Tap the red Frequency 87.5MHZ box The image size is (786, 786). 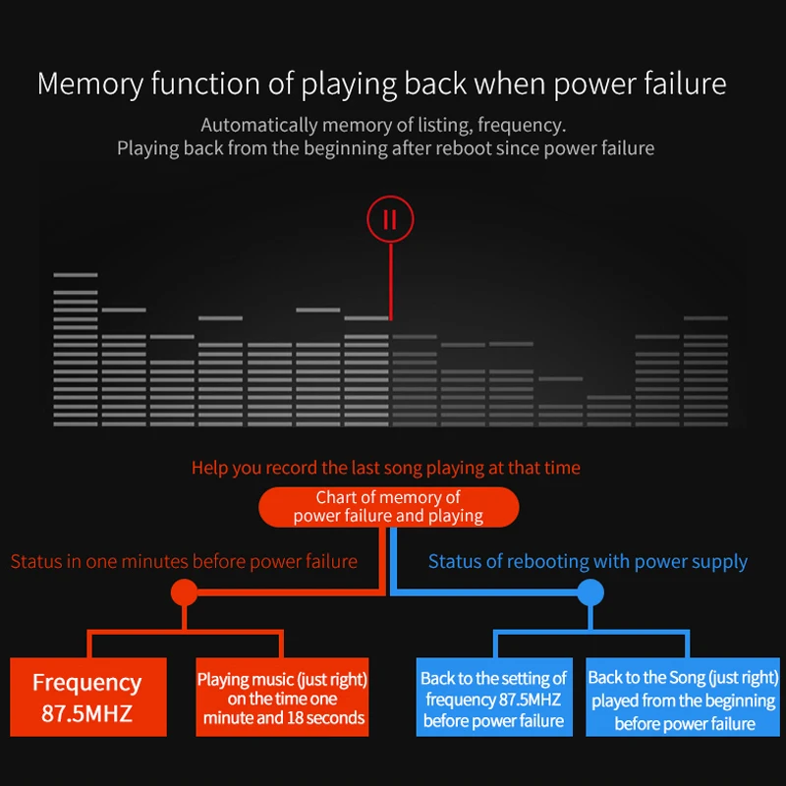(x=88, y=697)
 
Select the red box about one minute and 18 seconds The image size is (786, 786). (x=282, y=697)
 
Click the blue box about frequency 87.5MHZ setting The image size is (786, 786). (x=494, y=697)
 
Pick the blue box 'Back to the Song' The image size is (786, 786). (x=682, y=697)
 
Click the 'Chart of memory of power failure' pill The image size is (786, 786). (x=388, y=507)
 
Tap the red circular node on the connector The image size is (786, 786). (x=185, y=592)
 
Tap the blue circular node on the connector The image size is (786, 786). (x=590, y=592)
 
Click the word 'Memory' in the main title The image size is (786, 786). (x=90, y=84)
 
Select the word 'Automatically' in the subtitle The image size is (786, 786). (x=259, y=126)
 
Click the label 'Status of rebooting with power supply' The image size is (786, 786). (x=588, y=562)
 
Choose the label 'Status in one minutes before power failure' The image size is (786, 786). (x=184, y=561)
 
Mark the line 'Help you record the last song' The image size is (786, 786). (x=386, y=468)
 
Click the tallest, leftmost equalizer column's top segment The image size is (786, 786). (x=76, y=275)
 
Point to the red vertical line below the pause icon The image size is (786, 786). (x=390, y=281)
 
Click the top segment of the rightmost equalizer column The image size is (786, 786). (x=705, y=317)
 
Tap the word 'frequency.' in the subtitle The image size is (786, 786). (x=522, y=126)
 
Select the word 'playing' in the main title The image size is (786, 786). (x=349, y=84)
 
